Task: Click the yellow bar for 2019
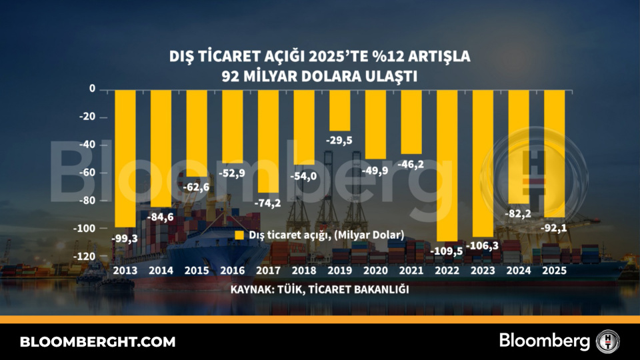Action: [x=340, y=110]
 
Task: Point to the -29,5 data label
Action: [x=340, y=140]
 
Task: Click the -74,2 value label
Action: [x=268, y=202]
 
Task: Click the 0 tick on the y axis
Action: [x=93, y=89]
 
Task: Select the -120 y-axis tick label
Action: [x=85, y=257]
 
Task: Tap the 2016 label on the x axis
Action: [x=233, y=271]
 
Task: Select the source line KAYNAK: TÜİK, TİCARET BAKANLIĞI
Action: [x=319, y=290]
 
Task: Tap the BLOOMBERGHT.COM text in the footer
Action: [x=98, y=342]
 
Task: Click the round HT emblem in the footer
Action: [x=608, y=341]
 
